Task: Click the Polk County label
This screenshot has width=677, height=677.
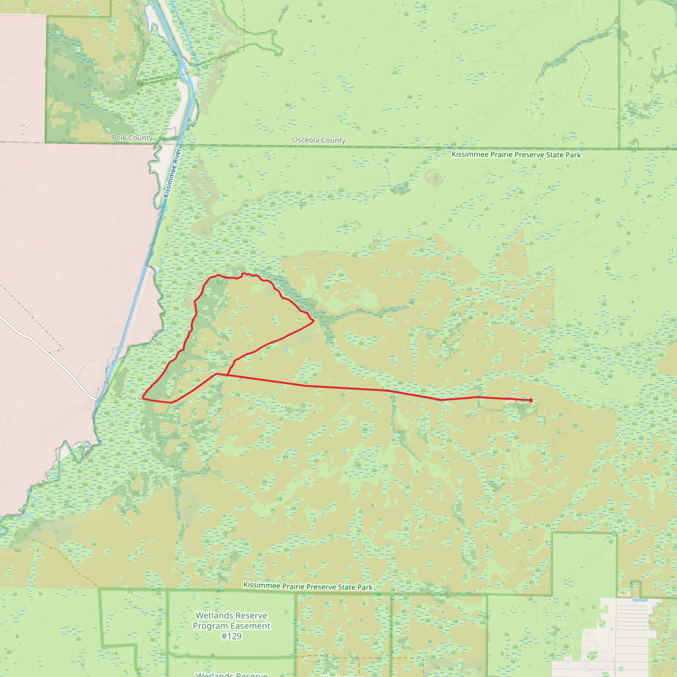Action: click(x=132, y=138)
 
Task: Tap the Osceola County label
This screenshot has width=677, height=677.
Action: click(x=319, y=140)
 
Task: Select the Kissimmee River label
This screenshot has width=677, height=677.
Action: click(x=172, y=173)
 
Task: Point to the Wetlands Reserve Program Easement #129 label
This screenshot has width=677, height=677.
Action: click(x=232, y=625)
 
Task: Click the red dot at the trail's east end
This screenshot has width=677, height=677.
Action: click(x=531, y=400)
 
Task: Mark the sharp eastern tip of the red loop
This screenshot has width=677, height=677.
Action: click(x=314, y=321)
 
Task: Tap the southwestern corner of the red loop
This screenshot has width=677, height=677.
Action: click(x=142, y=398)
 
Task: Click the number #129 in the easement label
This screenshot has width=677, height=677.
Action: click(x=232, y=636)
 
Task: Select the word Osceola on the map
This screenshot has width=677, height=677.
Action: click(x=305, y=140)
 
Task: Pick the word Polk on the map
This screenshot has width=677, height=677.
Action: click(x=119, y=138)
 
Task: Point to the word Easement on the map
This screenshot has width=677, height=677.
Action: click(x=251, y=626)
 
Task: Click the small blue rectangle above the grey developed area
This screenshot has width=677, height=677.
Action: click(x=640, y=600)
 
